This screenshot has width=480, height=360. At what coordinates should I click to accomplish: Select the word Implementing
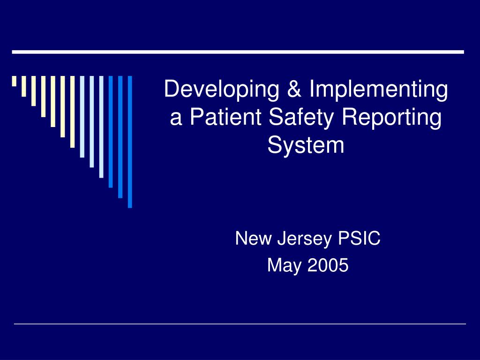[x=378, y=90]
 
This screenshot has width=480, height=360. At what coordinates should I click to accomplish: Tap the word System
[x=306, y=145]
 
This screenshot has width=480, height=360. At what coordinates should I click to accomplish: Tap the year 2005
[x=328, y=265]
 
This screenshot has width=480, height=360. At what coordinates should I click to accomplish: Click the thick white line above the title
[x=238, y=52]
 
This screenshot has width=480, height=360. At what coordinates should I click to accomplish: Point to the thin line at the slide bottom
[x=240, y=324]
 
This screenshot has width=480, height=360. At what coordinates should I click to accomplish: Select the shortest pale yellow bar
[x=14, y=82]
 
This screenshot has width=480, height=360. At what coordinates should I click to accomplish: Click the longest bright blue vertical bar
[x=130, y=141]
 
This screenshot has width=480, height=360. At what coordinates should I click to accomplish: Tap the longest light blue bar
[x=101, y=127]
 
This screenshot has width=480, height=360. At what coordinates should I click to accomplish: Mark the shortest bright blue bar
[x=111, y=131]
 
